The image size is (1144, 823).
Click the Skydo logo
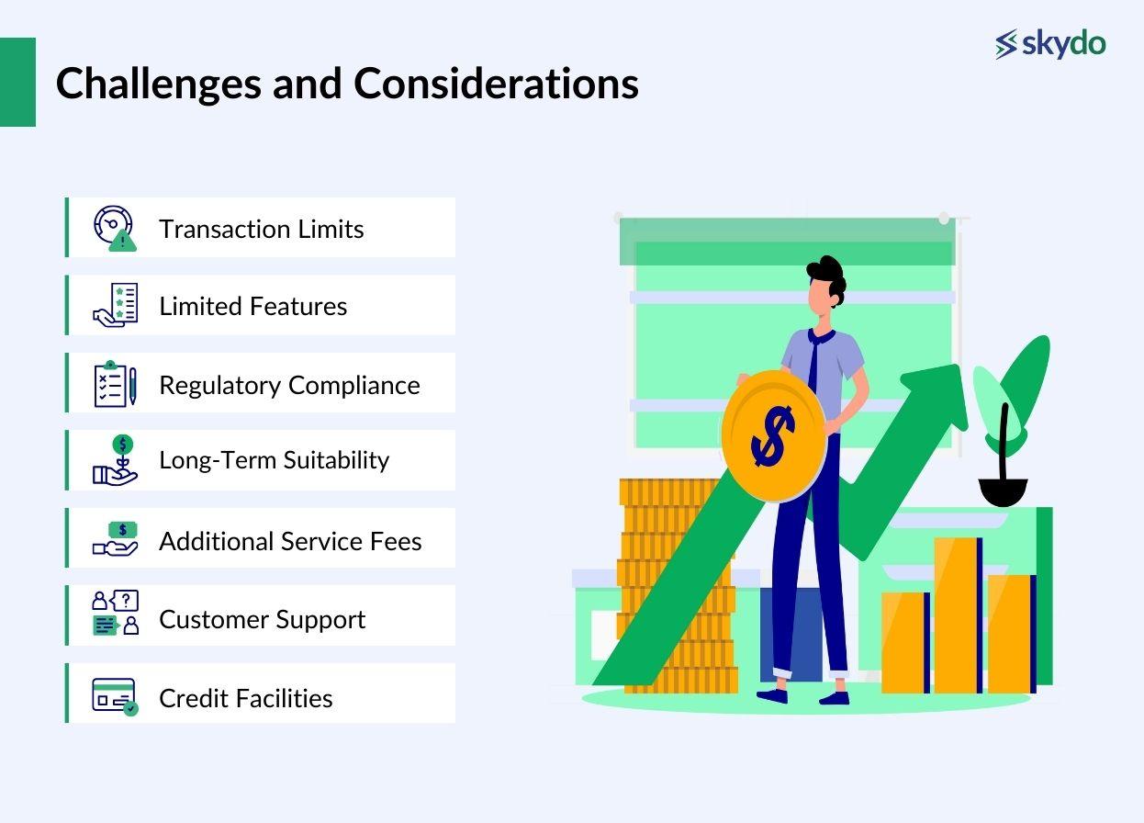tap(1050, 43)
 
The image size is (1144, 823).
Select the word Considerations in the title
tap(496, 84)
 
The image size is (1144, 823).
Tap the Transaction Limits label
tap(261, 229)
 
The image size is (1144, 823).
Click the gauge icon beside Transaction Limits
tap(115, 228)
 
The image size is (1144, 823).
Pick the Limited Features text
tap(252, 306)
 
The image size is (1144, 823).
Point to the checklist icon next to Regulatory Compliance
tap(115, 384)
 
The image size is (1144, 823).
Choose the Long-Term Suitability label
tap(274, 459)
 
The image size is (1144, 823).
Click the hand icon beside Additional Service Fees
tap(115, 539)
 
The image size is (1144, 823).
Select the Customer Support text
tap(262, 619)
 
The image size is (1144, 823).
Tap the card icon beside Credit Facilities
tap(115, 695)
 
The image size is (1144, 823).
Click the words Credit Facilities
tap(245, 698)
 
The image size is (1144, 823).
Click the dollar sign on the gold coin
tap(773, 436)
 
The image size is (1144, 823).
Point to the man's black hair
tap(827, 275)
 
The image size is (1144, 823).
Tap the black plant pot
tap(1002, 491)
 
